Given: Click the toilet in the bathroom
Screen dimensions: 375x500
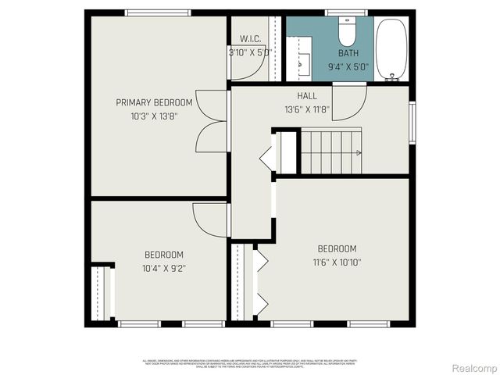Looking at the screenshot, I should click(346, 31).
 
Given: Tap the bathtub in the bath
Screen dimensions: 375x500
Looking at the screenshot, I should click(391, 49).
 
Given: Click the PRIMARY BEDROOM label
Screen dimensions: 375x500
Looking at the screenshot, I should click(154, 102).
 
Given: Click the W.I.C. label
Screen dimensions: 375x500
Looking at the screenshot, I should click(250, 39).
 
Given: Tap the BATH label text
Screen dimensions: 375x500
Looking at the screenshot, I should click(348, 53).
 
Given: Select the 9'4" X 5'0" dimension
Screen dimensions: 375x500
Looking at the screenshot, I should click(348, 66).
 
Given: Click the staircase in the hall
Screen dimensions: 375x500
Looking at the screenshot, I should click(332, 152).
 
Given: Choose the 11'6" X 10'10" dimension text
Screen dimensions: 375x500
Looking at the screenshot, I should click(337, 262).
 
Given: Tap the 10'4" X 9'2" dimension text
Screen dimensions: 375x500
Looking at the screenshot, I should click(163, 268).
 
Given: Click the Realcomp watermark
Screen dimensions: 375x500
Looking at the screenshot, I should click(475, 367).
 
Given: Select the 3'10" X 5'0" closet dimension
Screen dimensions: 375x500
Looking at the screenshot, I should click(249, 52).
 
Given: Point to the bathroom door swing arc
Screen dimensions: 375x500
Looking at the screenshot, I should click(348, 105).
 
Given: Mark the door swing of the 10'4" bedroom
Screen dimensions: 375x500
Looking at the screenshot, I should click(209, 219).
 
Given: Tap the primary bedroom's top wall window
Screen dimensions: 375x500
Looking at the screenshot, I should click(157, 12).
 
